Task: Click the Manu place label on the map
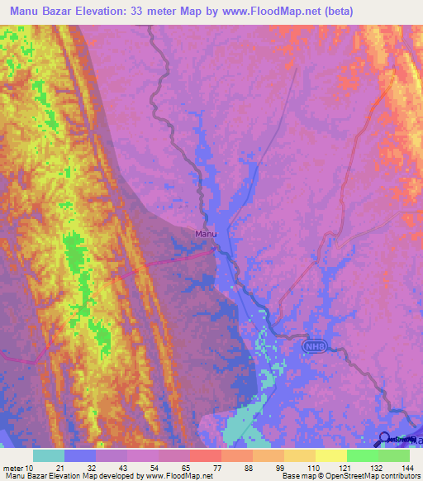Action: pyautogui.click(x=206, y=234)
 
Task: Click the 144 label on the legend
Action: pyautogui.click(x=406, y=468)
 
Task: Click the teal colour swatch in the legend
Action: pyautogui.click(x=49, y=455)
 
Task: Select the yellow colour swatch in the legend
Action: pyautogui.click(x=331, y=455)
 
